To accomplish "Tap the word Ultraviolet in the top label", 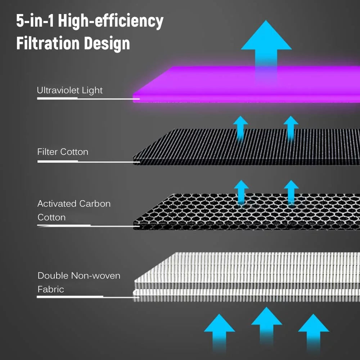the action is pyautogui.click(x=58, y=90).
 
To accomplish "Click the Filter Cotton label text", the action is pyautogui.click(x=63, y=152).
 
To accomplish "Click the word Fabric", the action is pyautogui.click(x=51, y=289).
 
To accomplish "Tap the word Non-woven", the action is pyautogui.click(x=96, y=275).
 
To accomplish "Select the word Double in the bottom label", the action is pyautogui.click(x=53, y=275).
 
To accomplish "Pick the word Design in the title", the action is pyautogui.click(x=107, y=44).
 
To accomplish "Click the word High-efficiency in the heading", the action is pyautogui.click(x=111, y=21).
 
